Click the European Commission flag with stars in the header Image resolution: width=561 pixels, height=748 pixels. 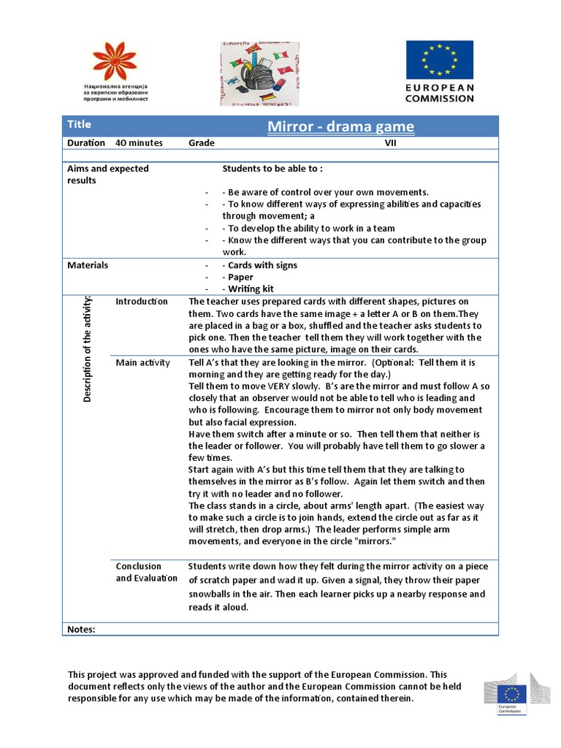(439, 59)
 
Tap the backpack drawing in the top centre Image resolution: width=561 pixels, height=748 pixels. (254, 74)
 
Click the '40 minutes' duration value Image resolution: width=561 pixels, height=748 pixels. (139, 143)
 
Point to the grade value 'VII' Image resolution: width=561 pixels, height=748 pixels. (391, 143)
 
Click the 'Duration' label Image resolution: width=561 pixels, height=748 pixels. (86, 143)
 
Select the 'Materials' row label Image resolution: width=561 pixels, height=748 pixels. (88, 265)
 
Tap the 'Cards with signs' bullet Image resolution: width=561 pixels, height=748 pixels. (262, 265)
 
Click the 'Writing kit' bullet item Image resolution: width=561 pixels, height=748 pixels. (251, 289)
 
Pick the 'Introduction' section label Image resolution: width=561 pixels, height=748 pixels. (142, 302)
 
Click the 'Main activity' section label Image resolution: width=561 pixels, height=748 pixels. (143, 362)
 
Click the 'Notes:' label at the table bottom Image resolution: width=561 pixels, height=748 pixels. (81, 629)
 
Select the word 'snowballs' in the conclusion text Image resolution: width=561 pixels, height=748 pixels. (211, 594)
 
